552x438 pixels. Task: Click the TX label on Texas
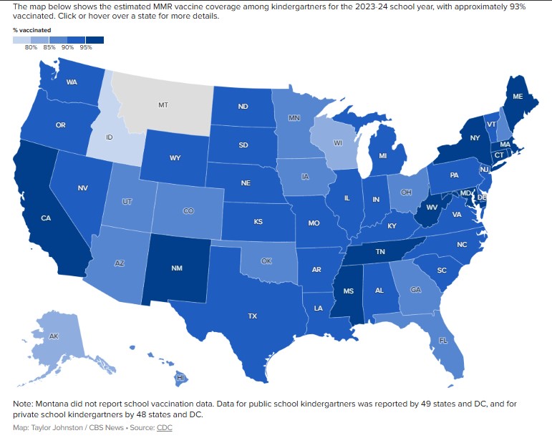252,316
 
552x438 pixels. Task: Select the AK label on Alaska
54,336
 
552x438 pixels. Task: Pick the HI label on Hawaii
182,376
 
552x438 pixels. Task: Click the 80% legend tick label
32,47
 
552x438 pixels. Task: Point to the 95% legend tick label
86,47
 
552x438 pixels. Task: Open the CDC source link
165,427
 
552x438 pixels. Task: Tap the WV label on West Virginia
431,208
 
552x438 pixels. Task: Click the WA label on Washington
72,82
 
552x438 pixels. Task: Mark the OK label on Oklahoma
266,261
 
